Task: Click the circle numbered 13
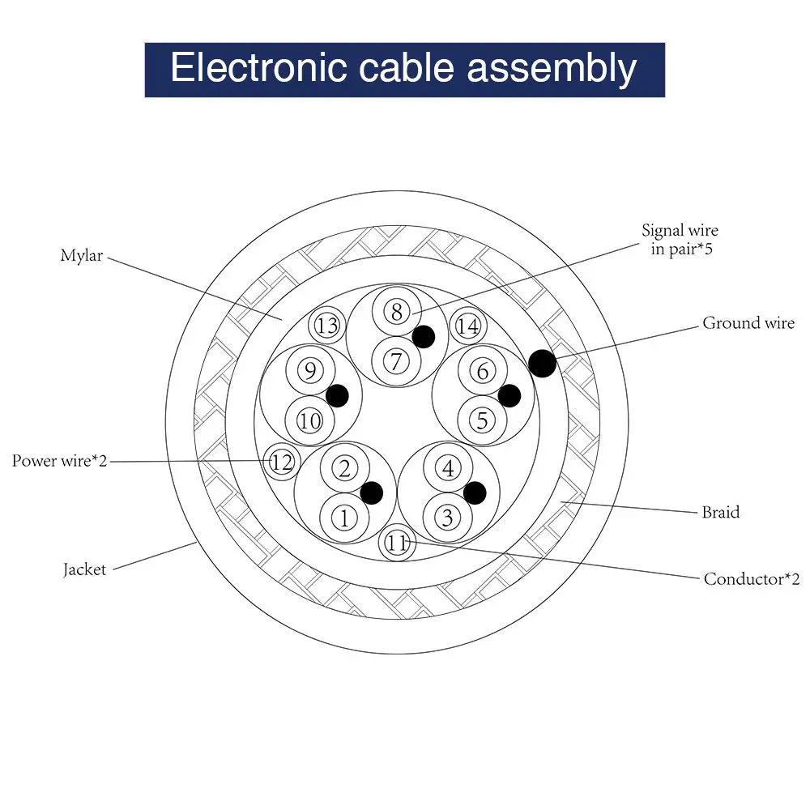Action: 327,326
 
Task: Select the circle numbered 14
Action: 467,326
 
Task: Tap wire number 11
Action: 397,544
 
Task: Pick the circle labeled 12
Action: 281,463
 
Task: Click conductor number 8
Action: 396,312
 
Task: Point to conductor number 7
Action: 396,359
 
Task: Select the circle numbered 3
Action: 447,516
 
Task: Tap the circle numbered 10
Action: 309,420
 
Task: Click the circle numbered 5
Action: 483,420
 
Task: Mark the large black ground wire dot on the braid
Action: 543,363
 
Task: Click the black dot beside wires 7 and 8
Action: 423,336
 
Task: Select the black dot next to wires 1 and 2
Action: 371,492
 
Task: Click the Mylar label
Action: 83,256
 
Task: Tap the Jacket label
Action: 84,569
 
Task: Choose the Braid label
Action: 720,512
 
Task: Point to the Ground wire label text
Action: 748,323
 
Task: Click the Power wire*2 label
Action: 59,461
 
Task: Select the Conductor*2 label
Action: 751,578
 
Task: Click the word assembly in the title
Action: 551,68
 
